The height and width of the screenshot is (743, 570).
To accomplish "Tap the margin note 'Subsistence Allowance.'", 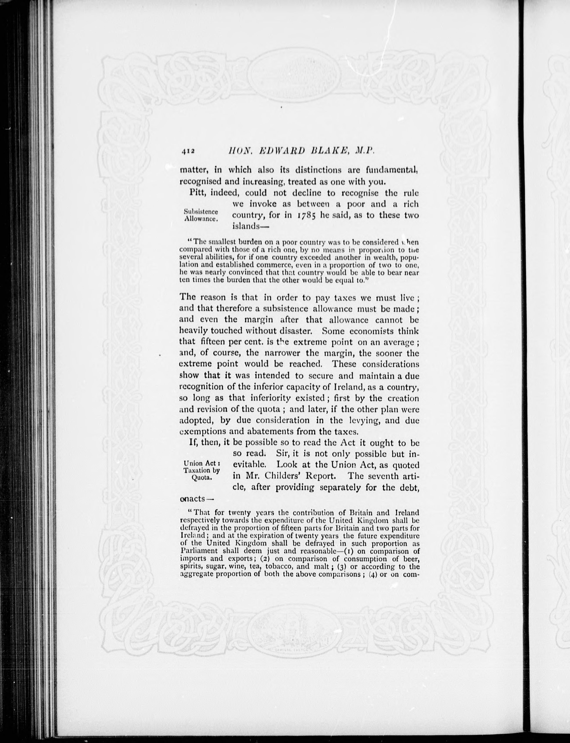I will coord(201,215).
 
